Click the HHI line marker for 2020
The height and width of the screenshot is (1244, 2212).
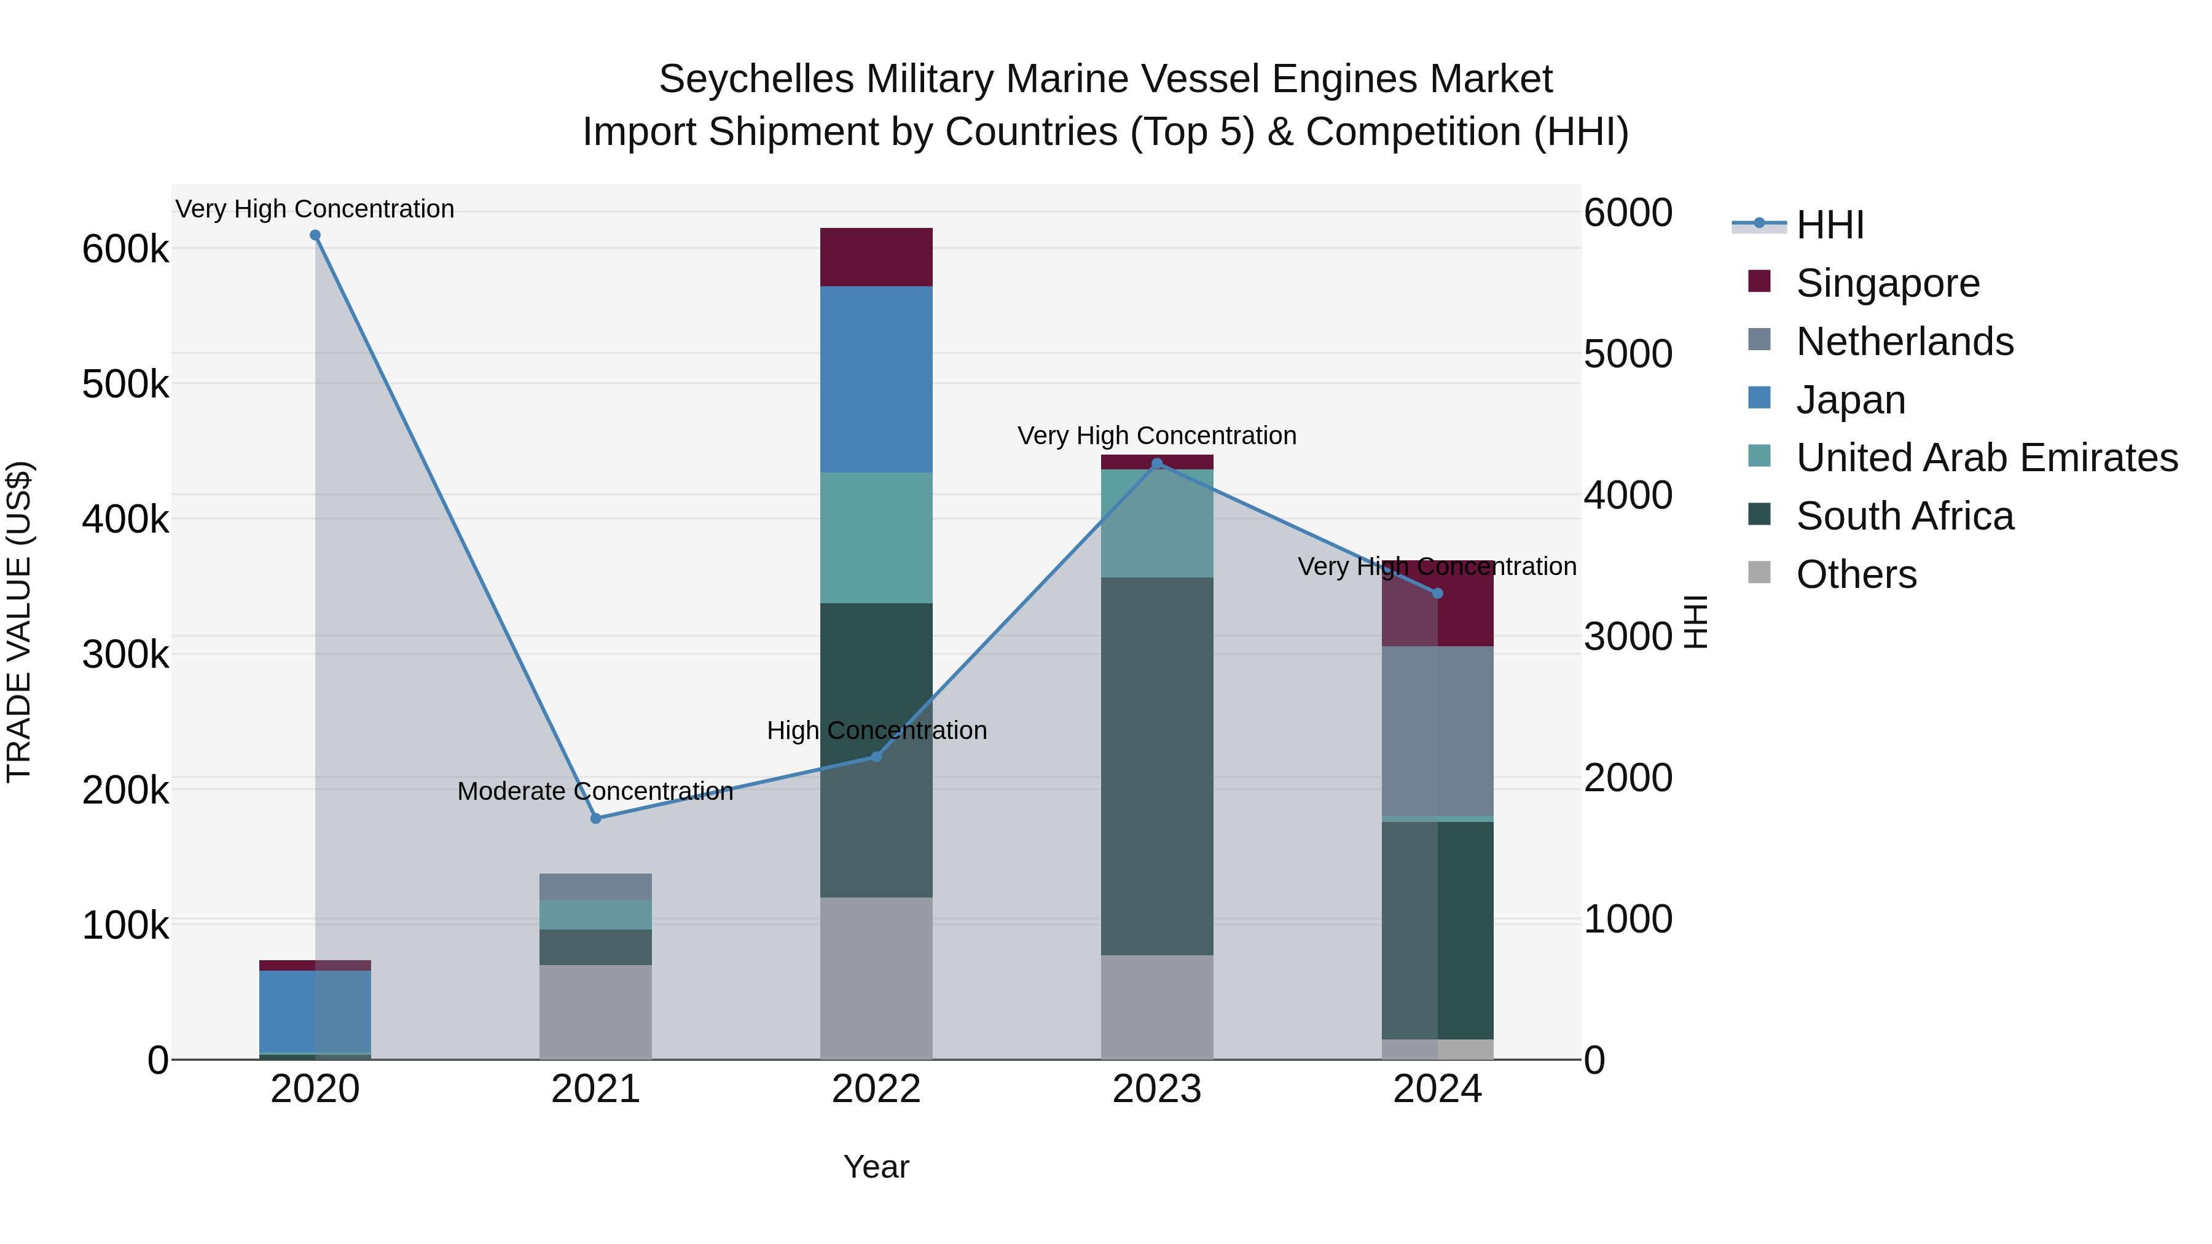tap(315, 235)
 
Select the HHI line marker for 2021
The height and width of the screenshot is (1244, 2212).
tap(596, 818)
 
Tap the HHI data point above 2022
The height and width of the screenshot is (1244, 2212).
tap(877, 756)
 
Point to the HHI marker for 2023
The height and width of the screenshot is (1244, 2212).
tap(1156, 464)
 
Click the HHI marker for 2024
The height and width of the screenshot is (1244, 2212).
tap(1437, 593)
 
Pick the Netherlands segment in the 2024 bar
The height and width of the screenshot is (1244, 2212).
tap(1437, 730)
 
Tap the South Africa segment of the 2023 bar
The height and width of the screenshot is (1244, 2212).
tap(1156, 766)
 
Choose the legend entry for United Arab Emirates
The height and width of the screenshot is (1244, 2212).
tap(1986, 458)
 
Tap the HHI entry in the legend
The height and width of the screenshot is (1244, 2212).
tap(1829, 225)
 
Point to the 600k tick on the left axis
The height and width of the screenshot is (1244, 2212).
tap(125, 250)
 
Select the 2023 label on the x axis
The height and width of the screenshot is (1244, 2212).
tap(1156, 1089)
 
